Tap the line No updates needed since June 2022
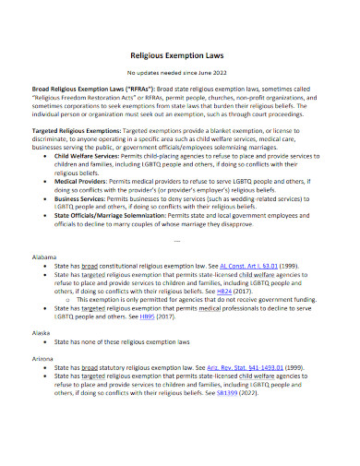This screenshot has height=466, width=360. pyautogui.click(x=180, y=71)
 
